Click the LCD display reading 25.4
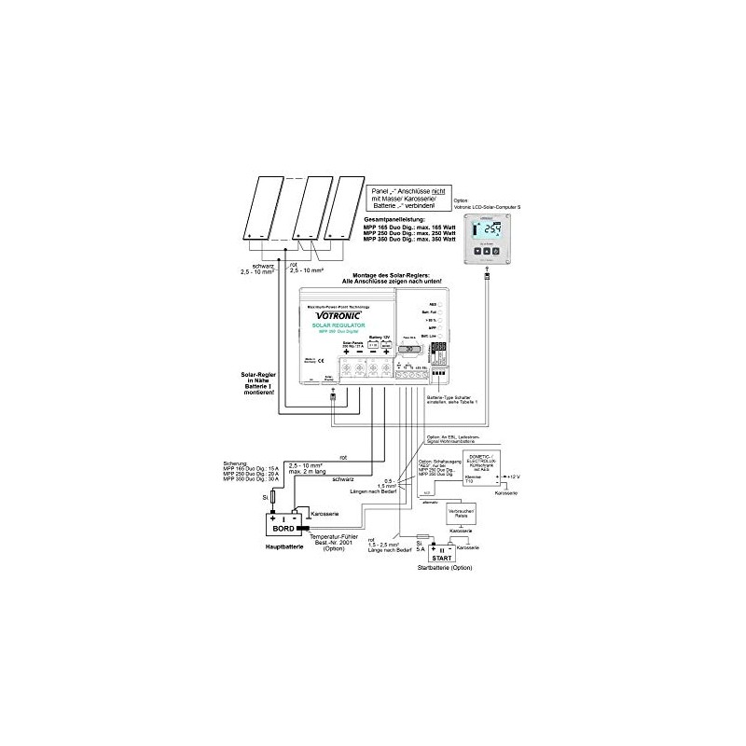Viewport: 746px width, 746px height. tap(487, 234)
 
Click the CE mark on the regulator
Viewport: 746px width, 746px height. tap(309, 359)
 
